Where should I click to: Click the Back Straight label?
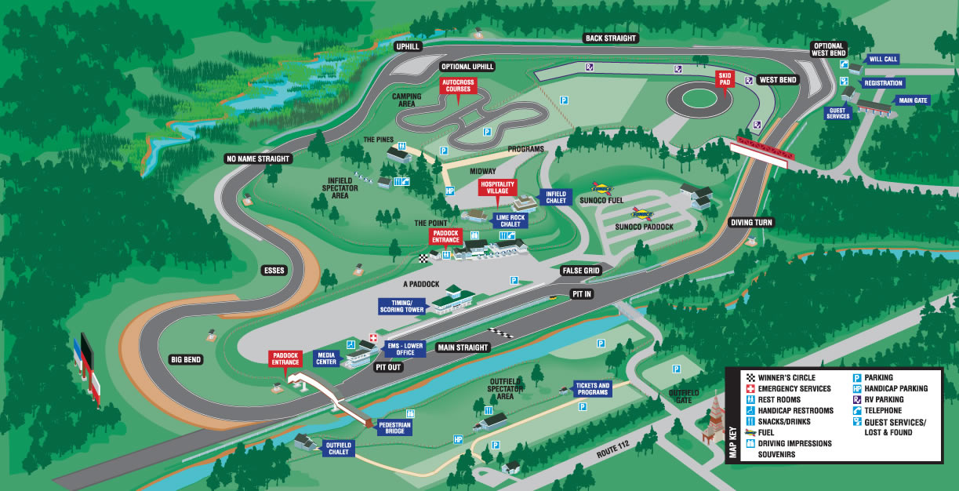point(611,38)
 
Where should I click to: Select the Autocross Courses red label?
point(457,85)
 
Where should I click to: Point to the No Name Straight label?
point(258,158)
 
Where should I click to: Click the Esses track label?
point(274,270)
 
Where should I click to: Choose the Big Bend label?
point(187,359)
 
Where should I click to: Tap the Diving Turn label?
point(752,222)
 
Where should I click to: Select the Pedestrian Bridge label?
point(394,427)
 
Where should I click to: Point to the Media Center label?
point(325,358)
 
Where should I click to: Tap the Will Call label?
point(883,59)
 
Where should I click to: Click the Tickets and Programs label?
point(592,389)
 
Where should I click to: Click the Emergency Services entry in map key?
point(794,389)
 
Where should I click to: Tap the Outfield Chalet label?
point(339,449)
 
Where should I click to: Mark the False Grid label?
point(580,270)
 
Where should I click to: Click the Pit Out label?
point(388,366)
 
